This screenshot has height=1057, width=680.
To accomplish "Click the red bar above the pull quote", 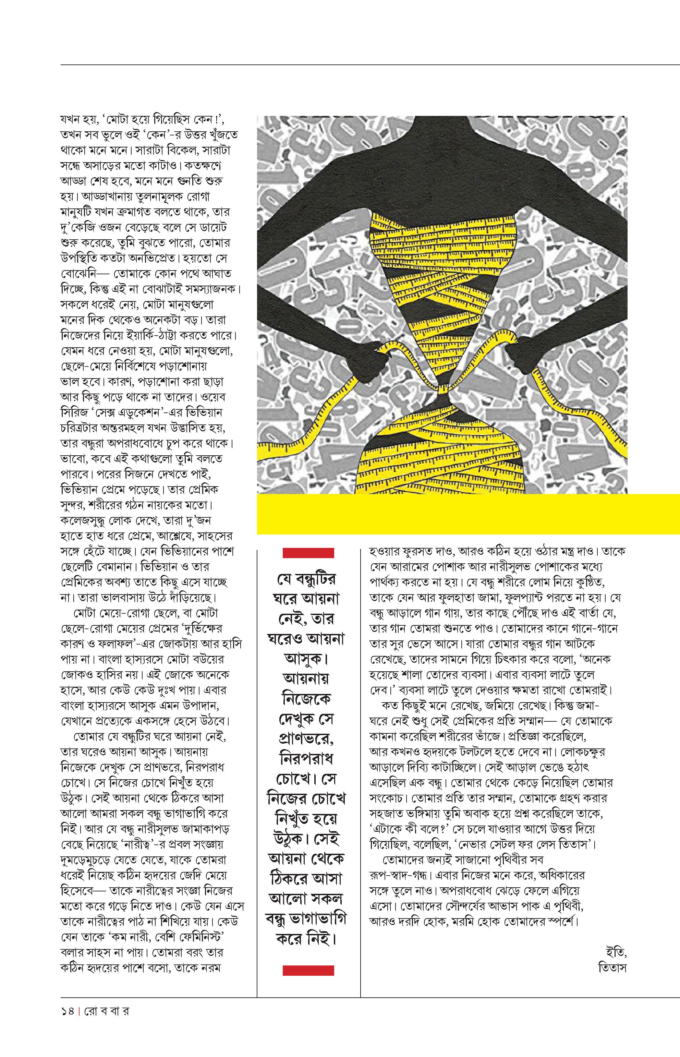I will [308, 553].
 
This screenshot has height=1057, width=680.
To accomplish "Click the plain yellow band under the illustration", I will [468, 514].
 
